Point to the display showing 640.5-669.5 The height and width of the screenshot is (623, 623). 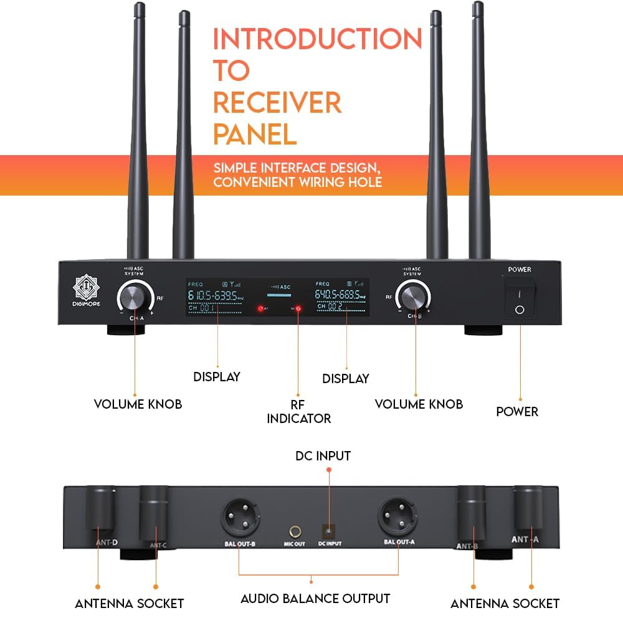[x=341, y=297]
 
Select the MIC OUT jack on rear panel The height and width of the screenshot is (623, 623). [x=295, y=532]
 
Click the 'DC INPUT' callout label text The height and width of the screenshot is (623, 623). [x=323, y=456]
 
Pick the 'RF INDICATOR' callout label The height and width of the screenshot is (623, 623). [x=298, y=411]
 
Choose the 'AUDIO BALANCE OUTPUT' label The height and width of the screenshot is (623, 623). [x=315, y=599]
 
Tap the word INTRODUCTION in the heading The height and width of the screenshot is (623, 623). [x=317, y=39]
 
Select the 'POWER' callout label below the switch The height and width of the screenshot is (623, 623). [x=516, y=412]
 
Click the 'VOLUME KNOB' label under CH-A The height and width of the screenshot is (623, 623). [x=138, y=404]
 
